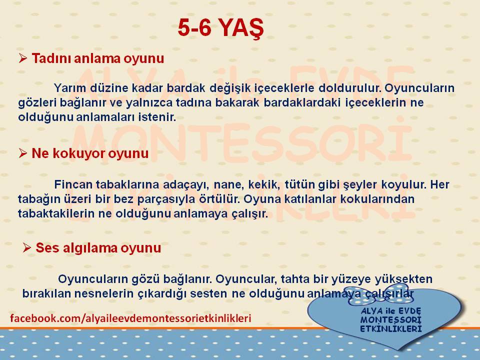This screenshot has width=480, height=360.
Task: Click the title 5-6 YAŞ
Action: coord(220,28)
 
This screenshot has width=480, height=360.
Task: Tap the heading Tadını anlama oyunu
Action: coord(98,58)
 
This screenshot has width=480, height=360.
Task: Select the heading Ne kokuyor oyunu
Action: coord(90,153)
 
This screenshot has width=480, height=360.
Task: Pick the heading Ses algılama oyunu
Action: coord(98,247)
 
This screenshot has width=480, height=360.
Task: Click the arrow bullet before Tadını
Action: coord(23,58)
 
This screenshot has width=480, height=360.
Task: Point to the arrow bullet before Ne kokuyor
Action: coord(23,153)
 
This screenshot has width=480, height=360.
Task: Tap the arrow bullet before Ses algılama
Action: coord(27,247)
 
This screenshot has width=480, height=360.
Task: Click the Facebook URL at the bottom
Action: coord(130,318)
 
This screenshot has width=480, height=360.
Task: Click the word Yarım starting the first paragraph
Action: coord(70,88)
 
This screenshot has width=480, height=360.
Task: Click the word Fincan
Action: coord(73,184)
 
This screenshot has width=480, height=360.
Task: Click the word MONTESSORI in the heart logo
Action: coord(391,320)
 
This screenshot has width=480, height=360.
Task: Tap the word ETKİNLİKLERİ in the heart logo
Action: coord(391,329)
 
